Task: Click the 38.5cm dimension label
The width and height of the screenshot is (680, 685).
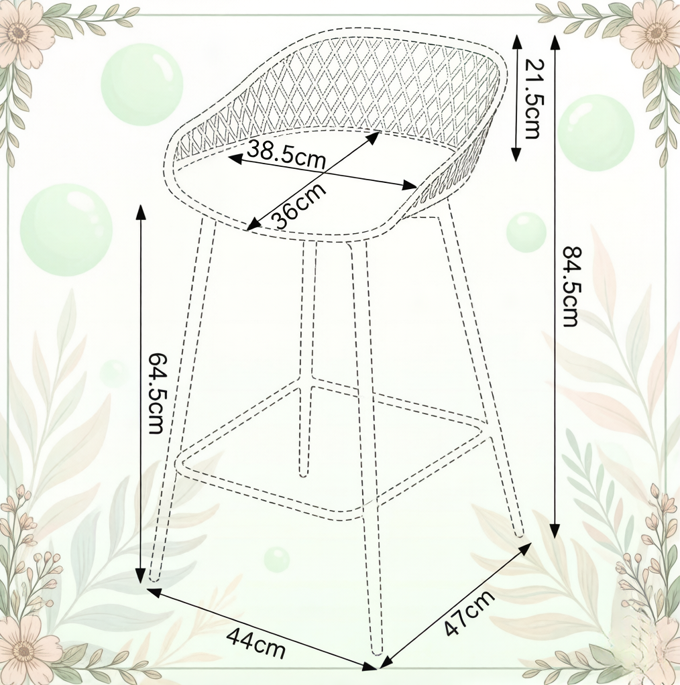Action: (286, 155)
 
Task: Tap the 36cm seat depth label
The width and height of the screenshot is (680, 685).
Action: (298, 205)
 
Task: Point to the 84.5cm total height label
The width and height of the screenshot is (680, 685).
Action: (570, 286)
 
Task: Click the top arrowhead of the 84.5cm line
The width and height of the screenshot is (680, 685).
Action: (555, 42)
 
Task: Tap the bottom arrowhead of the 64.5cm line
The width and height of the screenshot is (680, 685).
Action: (140, 576)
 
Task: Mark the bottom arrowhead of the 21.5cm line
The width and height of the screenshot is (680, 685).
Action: (516, 153)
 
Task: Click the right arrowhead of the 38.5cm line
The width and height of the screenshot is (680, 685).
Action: (410, 185)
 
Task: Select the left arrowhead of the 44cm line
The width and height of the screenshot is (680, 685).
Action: (153, 592)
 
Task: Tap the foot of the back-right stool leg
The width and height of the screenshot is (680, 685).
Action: (519, 534)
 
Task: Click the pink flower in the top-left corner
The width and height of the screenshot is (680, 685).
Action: (19, 33)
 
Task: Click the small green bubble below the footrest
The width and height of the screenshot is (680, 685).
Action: (276, 559)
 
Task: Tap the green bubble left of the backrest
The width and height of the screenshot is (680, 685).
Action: (142, 84)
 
